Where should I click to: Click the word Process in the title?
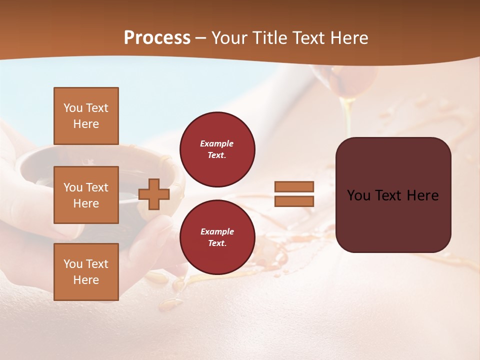(157, 38)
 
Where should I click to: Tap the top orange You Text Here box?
(86, 116)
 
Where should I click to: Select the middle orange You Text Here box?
(86, 195)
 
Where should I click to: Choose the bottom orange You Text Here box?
(86, 272)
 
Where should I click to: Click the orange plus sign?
(153, 194)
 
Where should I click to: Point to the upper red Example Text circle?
(217, 149)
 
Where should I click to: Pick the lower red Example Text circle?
(217, 237)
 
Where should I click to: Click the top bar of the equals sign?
(294, 186)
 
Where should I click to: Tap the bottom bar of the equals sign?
(294, 201)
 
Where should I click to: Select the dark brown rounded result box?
(393, 220)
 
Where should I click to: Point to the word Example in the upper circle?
(217, 144)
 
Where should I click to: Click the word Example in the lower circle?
(217, 232)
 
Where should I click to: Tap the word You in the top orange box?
(72, 108)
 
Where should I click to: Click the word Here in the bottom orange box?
(86, 280)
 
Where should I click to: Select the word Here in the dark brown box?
(423, 195)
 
